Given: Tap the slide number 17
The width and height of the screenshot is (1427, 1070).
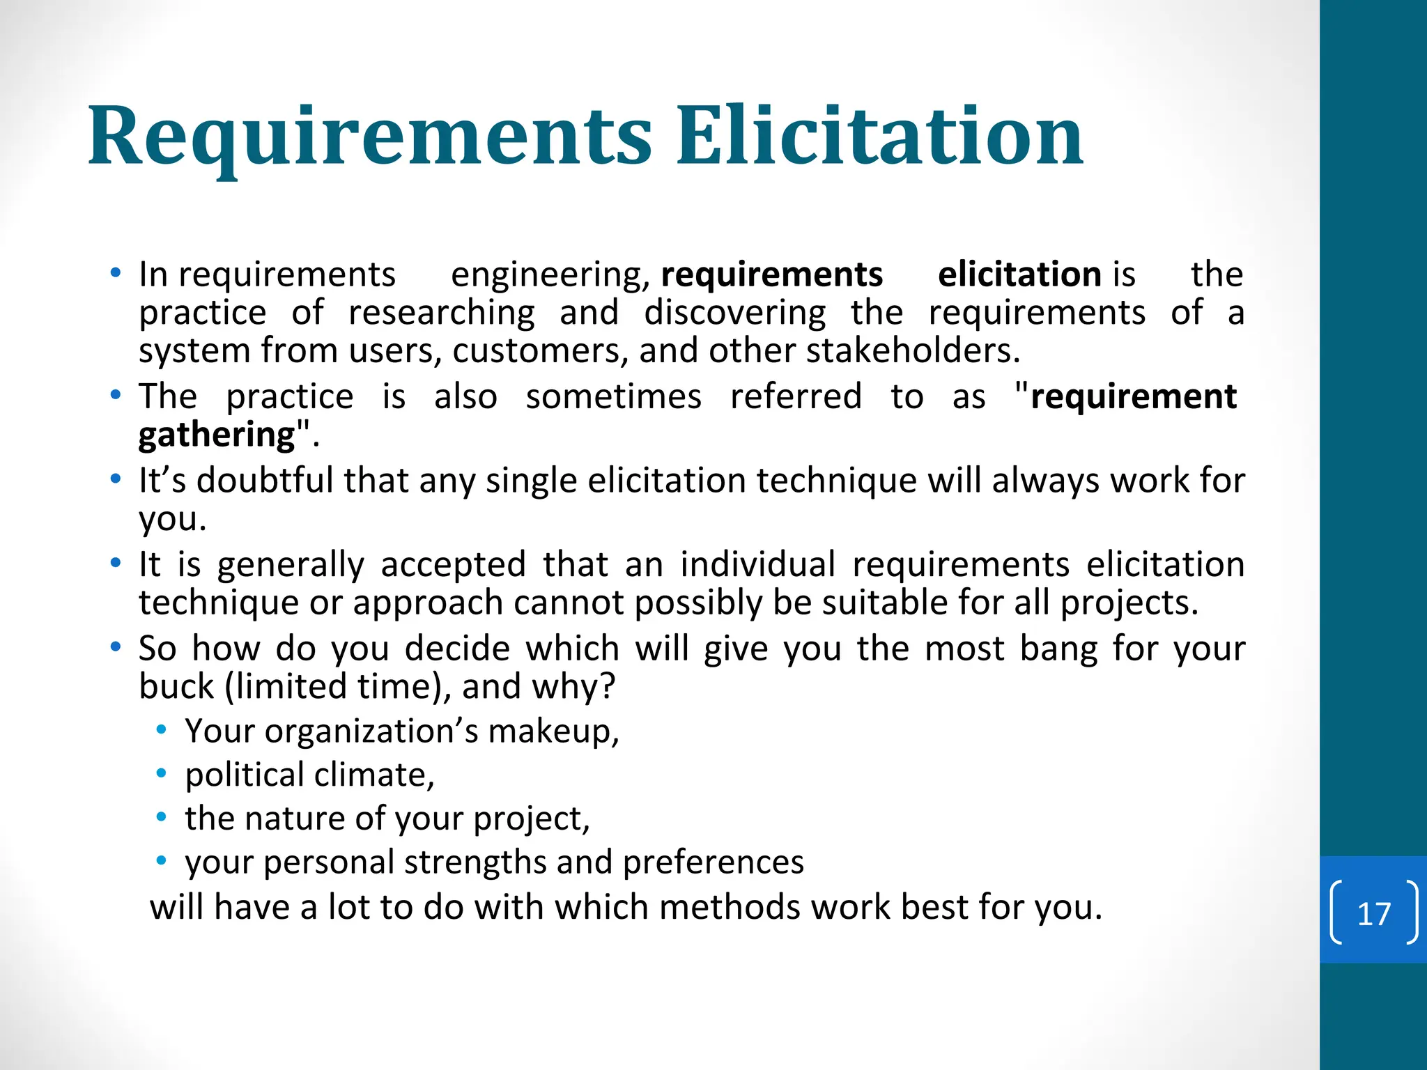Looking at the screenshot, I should pos(1373,914).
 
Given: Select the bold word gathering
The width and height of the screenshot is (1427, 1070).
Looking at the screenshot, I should pos(217,435).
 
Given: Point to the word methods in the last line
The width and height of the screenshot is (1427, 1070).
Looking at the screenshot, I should pos(729,907).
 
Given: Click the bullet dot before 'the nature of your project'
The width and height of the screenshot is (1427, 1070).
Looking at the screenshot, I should pos(162,817).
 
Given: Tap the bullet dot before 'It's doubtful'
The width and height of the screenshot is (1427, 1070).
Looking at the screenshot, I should pos(116,479).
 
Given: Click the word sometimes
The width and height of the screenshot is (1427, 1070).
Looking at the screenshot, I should pos(613,397).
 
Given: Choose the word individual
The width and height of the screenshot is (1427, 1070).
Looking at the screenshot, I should pos(757,564).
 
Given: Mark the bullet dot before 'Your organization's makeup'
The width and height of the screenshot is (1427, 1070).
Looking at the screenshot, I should pos(162,730).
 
